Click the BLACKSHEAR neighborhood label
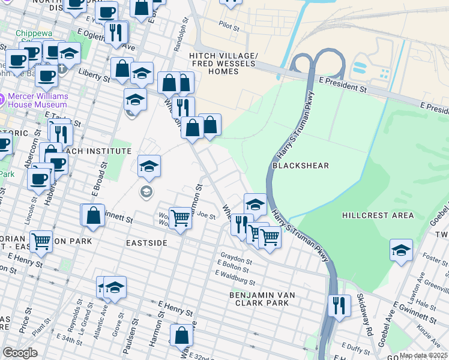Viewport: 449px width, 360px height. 294,165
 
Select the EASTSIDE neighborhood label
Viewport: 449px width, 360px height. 146,242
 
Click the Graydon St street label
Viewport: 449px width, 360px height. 234,253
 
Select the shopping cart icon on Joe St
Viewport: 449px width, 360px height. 180,218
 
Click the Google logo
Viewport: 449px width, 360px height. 20,353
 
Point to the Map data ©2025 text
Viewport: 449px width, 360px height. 423,355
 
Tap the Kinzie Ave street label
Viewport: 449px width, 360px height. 429,329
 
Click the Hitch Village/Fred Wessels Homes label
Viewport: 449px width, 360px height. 223,64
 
